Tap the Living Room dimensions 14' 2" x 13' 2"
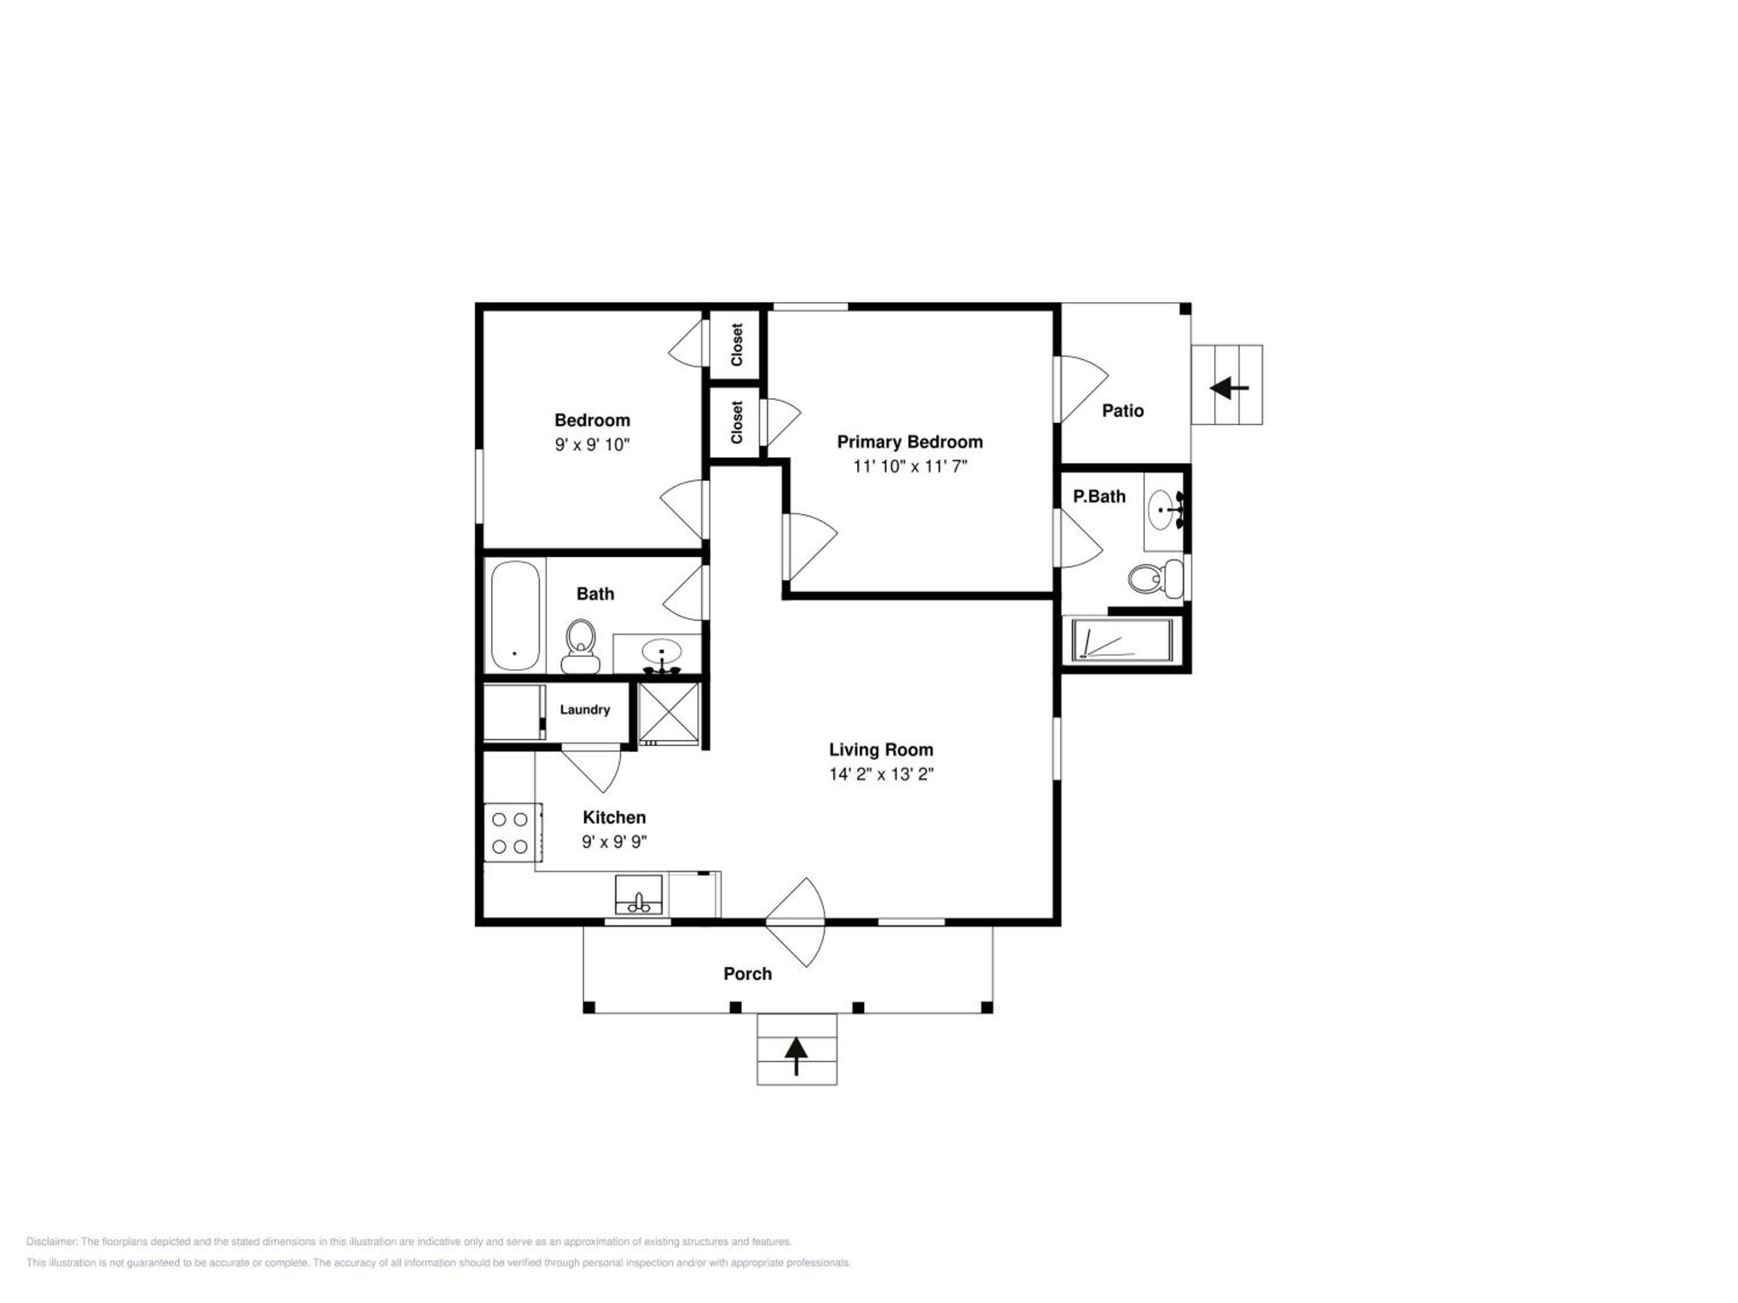point(881,774)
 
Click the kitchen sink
point(638,895)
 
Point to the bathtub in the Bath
point(514,615)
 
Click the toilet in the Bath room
point(580,646)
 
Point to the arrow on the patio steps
point(1230,388)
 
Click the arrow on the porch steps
point(797,1056)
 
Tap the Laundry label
point(585,709)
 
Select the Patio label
point(1123,410)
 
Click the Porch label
point(747,974)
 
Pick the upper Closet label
point(736,345)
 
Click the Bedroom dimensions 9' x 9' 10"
point(593,445)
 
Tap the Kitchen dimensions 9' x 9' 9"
point(615,842)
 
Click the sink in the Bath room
point(661,654)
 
